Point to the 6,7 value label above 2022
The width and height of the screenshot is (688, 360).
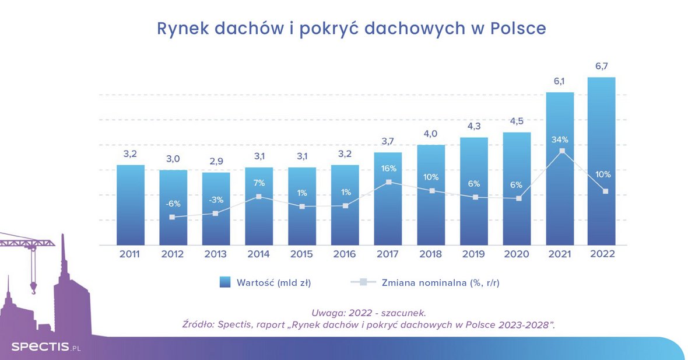tap(601, 66)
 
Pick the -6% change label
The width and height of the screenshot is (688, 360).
tap(173, 204)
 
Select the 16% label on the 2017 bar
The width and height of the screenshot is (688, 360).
tap(388, 169)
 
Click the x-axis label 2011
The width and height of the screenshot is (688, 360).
tap(130, 254)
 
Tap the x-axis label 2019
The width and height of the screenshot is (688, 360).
tap(473, 254)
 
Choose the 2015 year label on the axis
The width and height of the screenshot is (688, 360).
tap(302, 254)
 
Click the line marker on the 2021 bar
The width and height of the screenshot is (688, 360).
tap(561, 151)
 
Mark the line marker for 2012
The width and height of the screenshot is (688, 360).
tap(172, 217)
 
